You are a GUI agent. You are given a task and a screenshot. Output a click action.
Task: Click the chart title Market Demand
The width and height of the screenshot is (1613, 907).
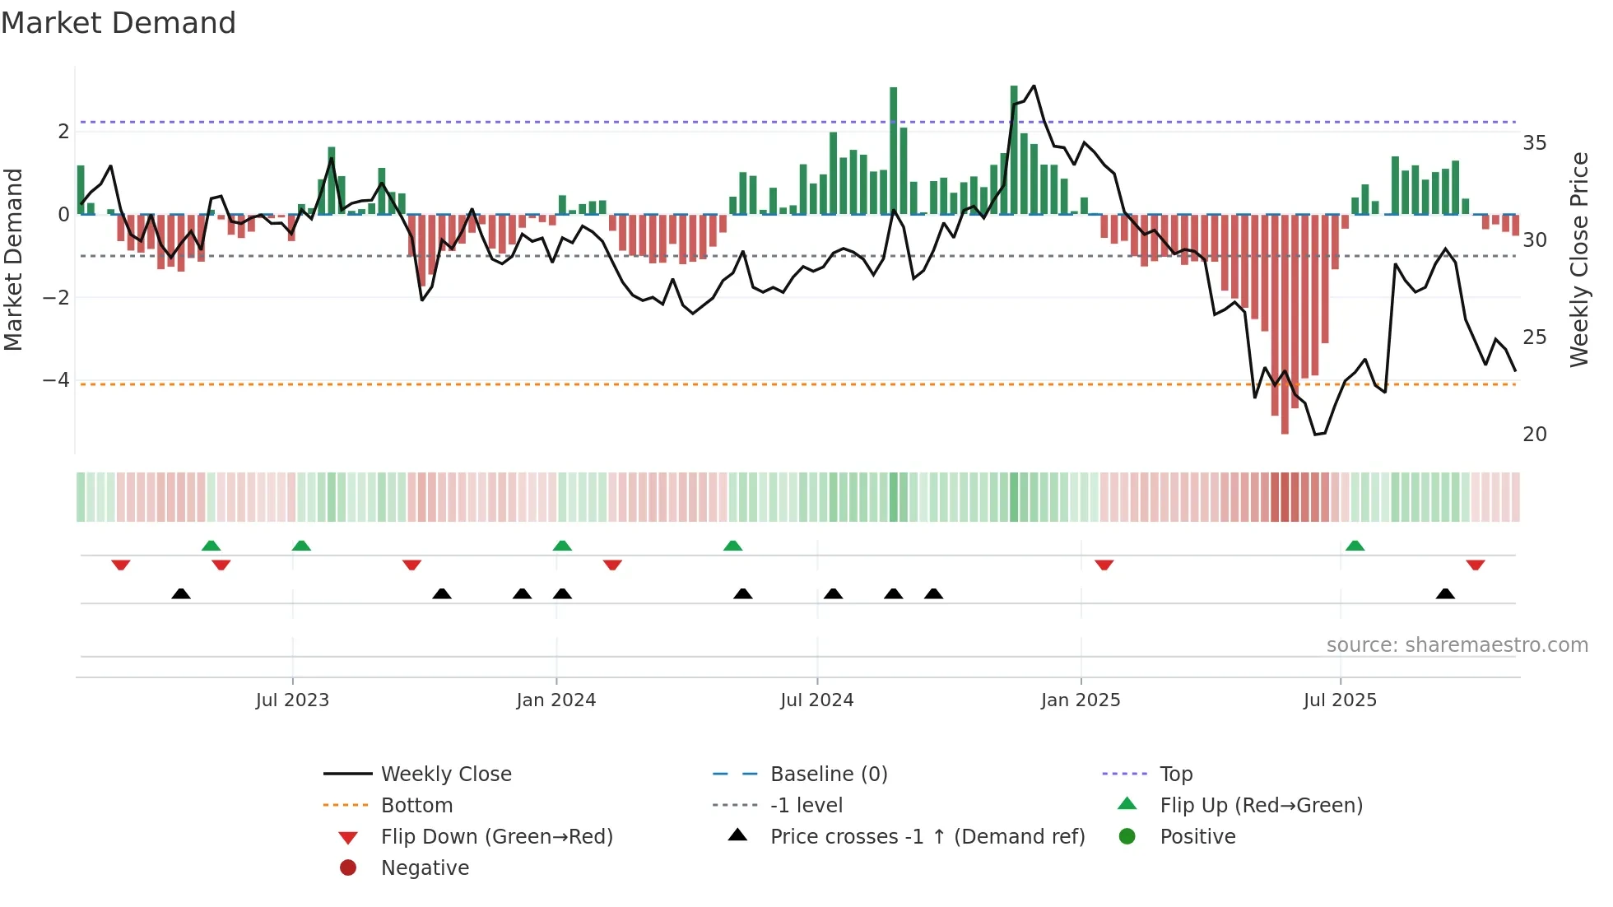[119, 22]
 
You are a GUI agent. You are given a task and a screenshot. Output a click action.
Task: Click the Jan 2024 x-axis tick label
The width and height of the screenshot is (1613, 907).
[555, 700]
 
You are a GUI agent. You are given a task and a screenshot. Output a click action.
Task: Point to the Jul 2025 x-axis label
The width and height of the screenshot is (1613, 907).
[1340, 700]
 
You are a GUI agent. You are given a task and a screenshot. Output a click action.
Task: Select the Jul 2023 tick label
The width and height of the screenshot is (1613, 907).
[292, 700]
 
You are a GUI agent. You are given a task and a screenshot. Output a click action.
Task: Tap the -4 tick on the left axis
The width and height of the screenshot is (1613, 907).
[56, 380]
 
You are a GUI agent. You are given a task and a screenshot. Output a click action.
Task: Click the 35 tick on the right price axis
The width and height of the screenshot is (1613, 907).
[1534, 143]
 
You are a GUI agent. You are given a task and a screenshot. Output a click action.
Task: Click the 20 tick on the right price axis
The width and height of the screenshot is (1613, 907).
[1534, 435]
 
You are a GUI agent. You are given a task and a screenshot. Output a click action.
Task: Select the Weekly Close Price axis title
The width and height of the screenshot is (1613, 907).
[1578, 259]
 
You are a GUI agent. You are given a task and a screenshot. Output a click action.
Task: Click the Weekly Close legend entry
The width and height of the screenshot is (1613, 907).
[445, 774]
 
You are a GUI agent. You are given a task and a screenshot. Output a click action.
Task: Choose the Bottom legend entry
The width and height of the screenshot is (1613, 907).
[416, 806]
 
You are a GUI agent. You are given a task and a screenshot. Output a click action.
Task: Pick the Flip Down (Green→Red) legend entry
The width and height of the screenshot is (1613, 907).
[496, 837]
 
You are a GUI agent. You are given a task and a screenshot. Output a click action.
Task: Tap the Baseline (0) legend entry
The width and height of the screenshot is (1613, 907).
[828, 774]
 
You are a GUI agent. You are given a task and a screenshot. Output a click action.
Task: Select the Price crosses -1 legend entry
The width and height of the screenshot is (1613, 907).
[927, 837]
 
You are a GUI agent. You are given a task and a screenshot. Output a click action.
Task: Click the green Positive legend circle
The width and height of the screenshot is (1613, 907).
[1127, 837]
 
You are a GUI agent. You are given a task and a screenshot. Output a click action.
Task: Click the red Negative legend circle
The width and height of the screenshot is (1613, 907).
[348, 868]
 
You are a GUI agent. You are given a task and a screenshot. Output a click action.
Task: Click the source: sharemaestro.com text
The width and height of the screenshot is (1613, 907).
[1457, 645]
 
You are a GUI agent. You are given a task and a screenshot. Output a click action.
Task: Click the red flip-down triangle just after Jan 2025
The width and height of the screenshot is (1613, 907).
[1104, 565]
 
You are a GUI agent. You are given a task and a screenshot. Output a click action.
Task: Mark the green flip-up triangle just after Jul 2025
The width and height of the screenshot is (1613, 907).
[1355, 546]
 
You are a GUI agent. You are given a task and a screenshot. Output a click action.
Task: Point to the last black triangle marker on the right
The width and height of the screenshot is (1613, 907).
[1445, 593]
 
